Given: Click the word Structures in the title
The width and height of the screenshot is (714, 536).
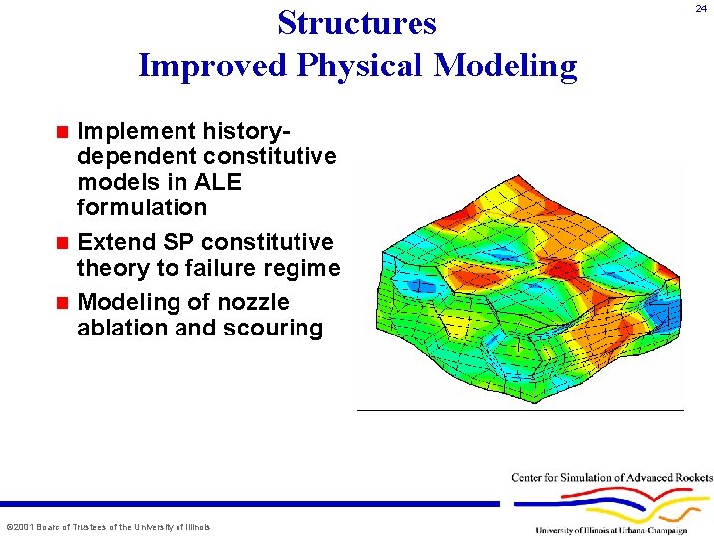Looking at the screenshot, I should point(357,22).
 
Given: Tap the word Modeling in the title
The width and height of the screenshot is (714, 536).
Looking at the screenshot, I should point(507,66).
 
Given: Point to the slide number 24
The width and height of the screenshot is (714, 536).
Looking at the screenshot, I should point(701,8).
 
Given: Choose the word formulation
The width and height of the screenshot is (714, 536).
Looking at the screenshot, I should point(142,207).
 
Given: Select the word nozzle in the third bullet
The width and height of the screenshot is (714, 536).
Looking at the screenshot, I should point(255,302).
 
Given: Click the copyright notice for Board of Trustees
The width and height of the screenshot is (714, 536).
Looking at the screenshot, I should point(107,526).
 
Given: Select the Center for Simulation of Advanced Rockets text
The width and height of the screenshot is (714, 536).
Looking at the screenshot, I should point(611,478).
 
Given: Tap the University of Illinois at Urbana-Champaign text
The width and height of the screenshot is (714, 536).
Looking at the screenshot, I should point(625,530).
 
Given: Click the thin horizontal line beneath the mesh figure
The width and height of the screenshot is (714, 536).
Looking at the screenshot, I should point(520,409).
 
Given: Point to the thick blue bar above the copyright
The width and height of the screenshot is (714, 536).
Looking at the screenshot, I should point(248,503).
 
